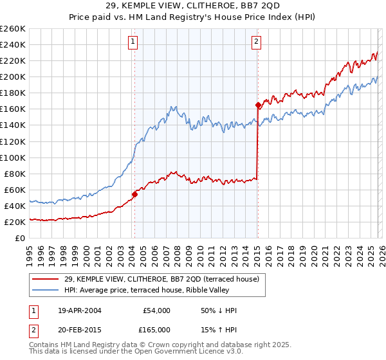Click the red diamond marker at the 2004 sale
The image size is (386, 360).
click(134, 194)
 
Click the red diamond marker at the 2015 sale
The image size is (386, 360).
click(258, 105)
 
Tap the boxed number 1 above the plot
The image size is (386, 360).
click(133, 42)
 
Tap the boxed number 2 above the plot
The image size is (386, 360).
click(256, 42)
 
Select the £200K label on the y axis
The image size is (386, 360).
click(12, 76)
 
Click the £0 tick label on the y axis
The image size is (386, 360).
click(20, 238)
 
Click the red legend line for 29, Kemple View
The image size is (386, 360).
click(46, 279)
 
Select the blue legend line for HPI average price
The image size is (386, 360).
click(46, 290)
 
